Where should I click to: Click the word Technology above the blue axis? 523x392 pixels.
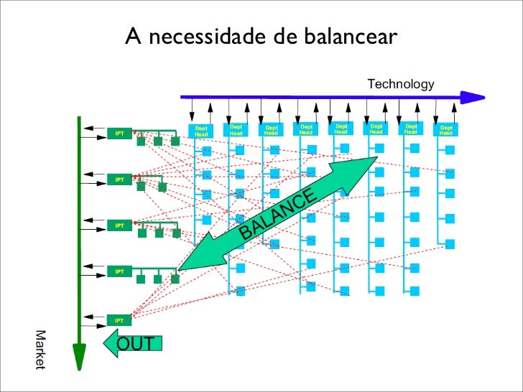pos(401,85)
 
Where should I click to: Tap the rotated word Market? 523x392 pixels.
pos(40,351)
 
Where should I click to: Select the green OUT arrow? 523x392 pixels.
pos(134,343)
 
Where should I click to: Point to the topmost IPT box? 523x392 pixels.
pos(119,134)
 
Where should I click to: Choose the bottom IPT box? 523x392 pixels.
pos(119,319)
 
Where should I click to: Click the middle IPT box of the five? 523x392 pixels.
pos(119,225)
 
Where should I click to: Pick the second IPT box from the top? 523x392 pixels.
pos(119,179)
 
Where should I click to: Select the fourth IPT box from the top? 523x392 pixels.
pos(119,271)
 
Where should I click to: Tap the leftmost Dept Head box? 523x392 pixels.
pos(201,131)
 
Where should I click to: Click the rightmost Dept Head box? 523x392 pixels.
pos(445,131)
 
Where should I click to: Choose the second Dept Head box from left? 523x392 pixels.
pos(236,130)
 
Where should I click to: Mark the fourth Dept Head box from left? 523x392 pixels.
pos(306,130)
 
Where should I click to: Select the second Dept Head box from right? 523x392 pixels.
pos(411,130)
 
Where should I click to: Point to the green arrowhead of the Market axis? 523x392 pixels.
pos(79,356)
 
